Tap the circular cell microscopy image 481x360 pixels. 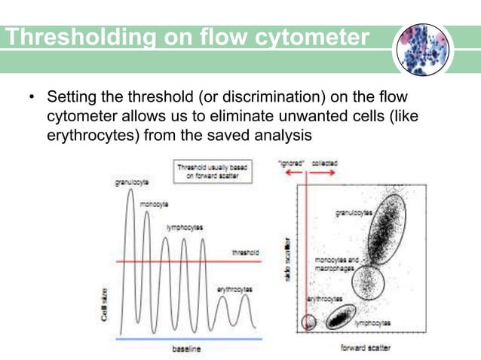424,50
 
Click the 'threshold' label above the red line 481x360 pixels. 245,253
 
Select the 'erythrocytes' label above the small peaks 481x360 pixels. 234,288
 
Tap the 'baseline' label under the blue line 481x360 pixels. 185,349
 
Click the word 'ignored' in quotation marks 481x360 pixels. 290,162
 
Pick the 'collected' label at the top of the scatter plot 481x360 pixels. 325,162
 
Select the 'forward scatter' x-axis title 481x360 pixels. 366,349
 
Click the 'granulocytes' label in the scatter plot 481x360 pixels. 354,214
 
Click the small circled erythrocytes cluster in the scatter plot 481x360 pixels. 308,322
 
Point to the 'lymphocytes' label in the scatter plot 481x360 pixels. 374,322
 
